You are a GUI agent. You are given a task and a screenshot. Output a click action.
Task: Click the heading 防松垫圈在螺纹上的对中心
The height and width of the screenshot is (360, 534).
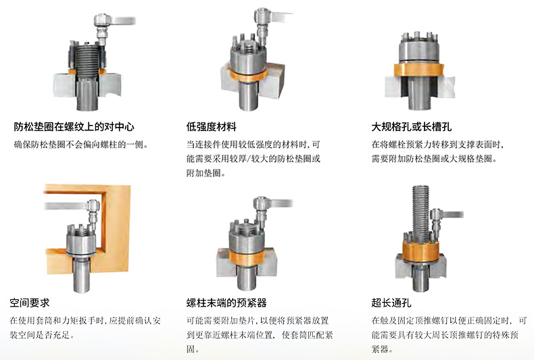[x=74, y=127]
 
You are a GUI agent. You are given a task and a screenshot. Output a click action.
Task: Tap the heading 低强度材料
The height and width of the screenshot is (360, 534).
[x=211, y=127]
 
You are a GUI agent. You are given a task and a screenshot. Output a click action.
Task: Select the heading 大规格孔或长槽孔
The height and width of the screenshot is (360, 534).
[x=412, y=127]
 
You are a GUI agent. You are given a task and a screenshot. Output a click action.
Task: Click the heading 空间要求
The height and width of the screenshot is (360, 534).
[x=30, y=303]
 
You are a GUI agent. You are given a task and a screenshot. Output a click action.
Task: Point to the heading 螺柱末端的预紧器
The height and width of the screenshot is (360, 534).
[x=226, y=303]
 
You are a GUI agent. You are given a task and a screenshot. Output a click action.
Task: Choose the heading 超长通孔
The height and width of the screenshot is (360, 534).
[x=391, y=303]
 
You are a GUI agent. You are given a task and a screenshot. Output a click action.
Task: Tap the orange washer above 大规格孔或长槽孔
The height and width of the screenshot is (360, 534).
[x=419, y=70]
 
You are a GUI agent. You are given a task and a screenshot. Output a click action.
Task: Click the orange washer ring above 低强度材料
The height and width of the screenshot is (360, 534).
[x=247, y=76]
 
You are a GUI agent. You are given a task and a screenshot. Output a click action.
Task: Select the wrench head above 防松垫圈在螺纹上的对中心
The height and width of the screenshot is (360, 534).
[x=102, y=20]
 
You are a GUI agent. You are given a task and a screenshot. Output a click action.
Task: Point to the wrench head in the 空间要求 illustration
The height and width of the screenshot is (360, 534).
[x=93, y=205]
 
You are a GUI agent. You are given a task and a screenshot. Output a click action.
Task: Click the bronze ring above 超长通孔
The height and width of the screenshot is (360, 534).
[x=420, y=251]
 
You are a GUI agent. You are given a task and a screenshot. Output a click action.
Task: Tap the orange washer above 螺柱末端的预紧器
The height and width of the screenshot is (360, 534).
[x=246, y=258]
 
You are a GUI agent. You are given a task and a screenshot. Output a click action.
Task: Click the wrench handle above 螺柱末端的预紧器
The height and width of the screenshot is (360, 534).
[x=282, y=203]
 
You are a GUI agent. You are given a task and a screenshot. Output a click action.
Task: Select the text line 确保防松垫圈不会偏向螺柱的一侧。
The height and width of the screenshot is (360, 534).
[x=81, y=145]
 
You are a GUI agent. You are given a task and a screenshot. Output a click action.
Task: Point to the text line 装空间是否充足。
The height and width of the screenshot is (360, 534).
[x=42, y=335]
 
